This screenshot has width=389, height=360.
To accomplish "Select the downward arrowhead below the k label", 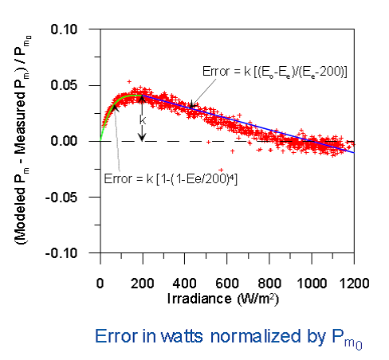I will [x=143, y=137].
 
